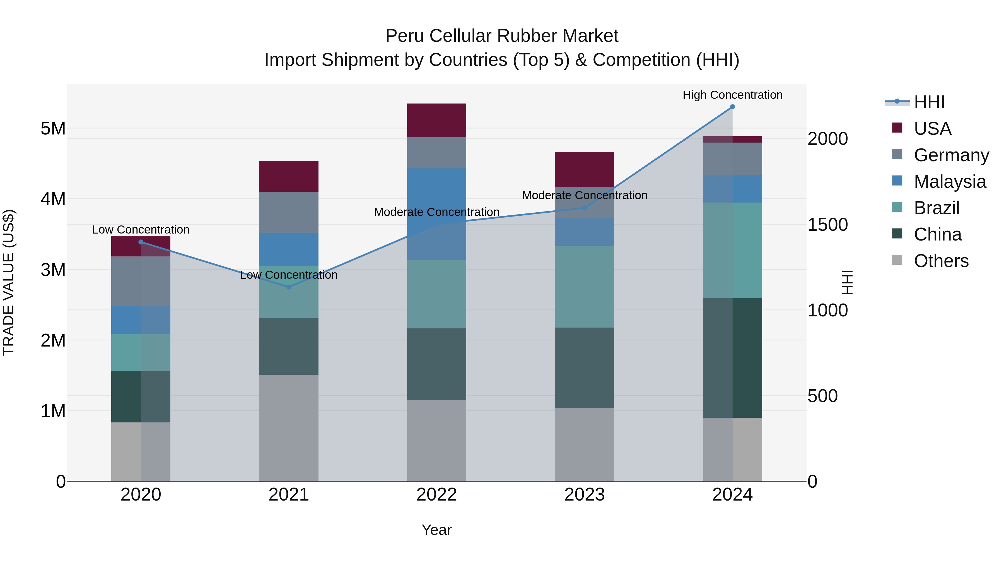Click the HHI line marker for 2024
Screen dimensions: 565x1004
click(x=732, y=107)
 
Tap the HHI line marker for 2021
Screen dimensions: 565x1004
click(x=289, y=287)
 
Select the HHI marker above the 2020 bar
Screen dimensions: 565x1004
click(x=141, y=242)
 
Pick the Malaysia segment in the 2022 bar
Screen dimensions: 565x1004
click(x=436, y=214)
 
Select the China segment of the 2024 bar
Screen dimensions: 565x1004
click(x=732, y=358)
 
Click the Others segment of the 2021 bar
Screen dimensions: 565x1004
click(x=289, y=428)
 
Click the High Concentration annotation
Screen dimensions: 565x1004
click(x=732, y=95)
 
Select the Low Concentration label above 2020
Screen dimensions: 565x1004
click(x=141, y=230)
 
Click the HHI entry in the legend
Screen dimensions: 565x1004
click(x=929, y=102)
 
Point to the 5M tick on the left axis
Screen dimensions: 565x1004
click(x=53, y=128)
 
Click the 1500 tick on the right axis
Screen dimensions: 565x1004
click(x=827, y=225)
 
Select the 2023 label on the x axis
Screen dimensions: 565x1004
click(x=584, y=494)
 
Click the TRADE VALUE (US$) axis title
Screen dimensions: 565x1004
click(x=9, y=282)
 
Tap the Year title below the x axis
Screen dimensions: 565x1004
click(x=436, y=530)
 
